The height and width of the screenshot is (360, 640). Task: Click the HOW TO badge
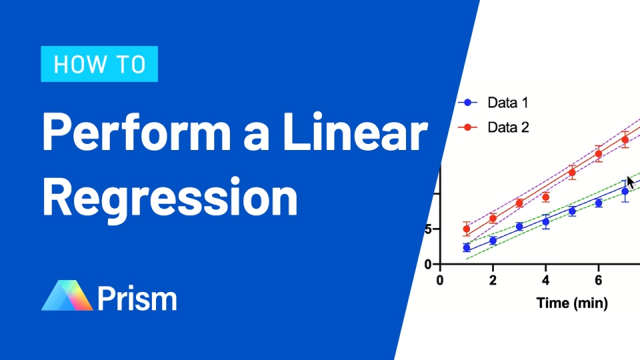99,64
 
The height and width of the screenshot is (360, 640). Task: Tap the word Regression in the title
169,197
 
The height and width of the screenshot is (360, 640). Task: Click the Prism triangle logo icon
67,296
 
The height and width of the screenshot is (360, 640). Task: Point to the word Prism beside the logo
137,298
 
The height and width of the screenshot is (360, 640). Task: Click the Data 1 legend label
508,103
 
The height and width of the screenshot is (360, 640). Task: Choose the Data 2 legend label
508,127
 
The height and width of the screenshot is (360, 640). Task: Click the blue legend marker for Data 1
468,103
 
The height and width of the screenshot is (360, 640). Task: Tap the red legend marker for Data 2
468,127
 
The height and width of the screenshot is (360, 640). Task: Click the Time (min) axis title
572,303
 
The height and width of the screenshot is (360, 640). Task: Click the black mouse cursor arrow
630,181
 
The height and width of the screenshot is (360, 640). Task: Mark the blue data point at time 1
466,247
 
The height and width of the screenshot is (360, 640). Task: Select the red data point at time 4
546,197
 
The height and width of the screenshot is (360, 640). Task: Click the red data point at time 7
625,140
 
